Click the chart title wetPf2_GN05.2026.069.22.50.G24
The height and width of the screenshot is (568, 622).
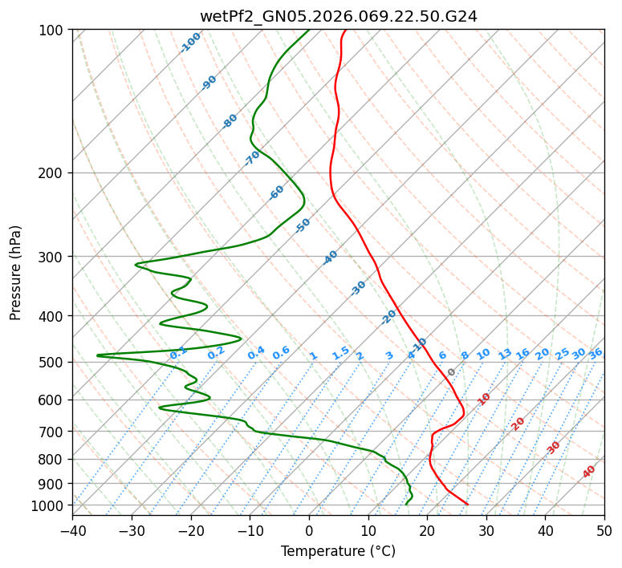click(x=338, y=16)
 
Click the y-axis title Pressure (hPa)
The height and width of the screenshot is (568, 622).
click(x=16, y=272)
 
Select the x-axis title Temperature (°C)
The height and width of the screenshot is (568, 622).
click(x=338, y=551)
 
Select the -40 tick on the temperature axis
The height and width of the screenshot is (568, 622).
click(x=72, y=530)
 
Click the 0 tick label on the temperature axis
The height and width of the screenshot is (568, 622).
click(x=309, y=530)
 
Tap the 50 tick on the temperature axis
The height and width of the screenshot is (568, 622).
click(x=604, y=530)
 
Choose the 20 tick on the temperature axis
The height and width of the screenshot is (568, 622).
click(x=427, y=530)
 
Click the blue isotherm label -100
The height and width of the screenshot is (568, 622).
click(x=190, y=43)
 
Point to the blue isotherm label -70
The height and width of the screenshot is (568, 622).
click(x=252, y=158)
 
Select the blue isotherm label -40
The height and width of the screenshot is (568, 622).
click(x=330, y=258)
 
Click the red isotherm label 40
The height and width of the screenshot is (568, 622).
click(x=589, y=472)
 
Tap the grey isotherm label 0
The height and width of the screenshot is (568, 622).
click(x=452, y=372)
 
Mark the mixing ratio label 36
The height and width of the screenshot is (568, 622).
click(x=596, y=353)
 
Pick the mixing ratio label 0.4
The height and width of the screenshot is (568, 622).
click(x=256, y=354)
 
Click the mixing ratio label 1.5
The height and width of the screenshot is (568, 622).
click(x=340, y=353)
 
